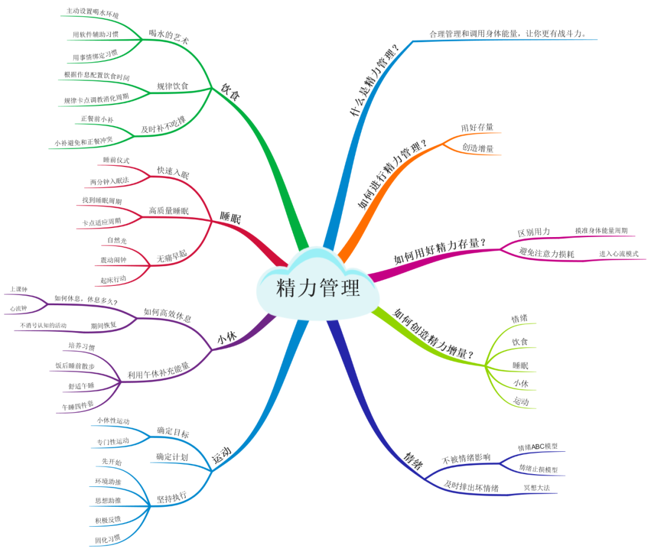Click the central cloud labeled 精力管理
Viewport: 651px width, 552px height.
pos(318,289)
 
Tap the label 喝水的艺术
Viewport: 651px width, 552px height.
pos(169,34)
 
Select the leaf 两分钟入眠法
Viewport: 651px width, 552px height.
pos(109,181)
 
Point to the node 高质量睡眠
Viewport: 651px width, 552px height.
pos(169,211)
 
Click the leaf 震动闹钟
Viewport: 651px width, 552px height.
pos(113,260)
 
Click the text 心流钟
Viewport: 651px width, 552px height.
pos(19,308)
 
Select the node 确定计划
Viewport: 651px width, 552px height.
pos(172,457)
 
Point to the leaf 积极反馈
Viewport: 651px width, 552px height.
pos(108,519)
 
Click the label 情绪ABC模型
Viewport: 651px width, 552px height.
pos(538,447)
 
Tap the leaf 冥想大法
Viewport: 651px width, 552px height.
pos(537,487)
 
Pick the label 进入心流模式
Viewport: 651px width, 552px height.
pos(618,254)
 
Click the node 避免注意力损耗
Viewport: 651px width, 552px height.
pos(546,254)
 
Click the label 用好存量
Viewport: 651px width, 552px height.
pos(477,127)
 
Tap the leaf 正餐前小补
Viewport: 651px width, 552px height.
pos(97,119)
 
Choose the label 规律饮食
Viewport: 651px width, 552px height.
pos(172,86)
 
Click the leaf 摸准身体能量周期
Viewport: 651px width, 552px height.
pos(601,230)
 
